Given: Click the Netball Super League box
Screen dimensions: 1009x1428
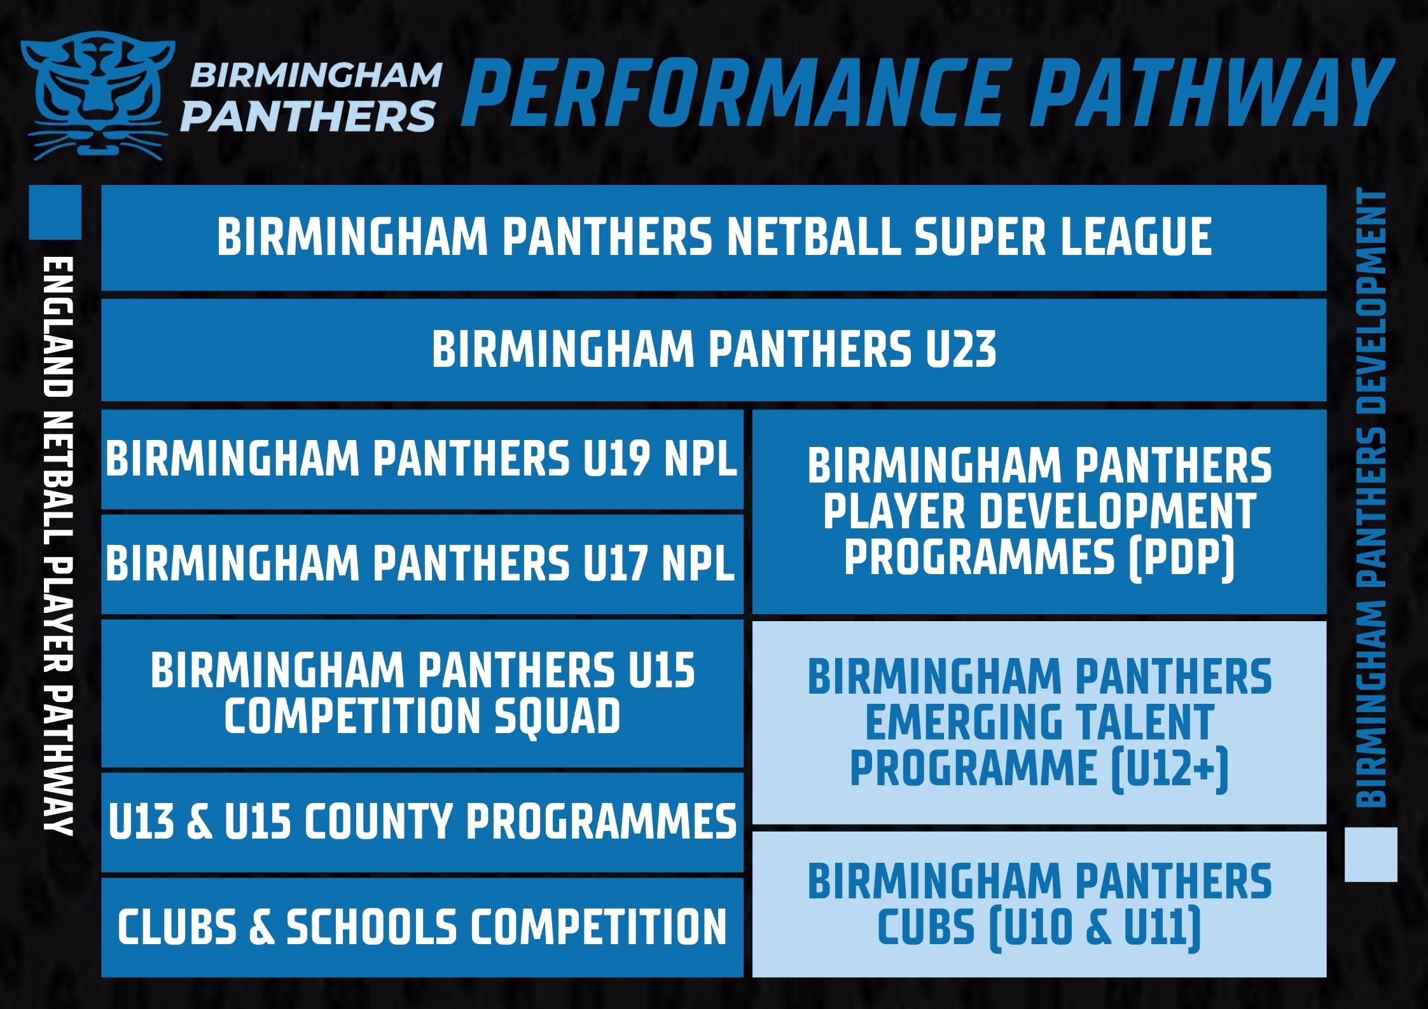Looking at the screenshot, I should pos(714,237).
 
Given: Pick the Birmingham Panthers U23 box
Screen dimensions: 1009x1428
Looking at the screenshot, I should pos(714,350).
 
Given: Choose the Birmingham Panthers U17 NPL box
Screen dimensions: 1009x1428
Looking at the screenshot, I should pos(422,564).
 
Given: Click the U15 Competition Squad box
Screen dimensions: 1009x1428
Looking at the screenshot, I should pos(422,693).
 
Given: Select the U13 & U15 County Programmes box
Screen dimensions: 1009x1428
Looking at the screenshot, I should pos(422,821).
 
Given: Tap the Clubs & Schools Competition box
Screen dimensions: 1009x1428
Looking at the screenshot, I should pos(422,926).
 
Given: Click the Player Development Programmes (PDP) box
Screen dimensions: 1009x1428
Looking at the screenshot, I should pos(1039,512).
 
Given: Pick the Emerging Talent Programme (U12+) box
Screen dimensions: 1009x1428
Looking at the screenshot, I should pos(1039,722).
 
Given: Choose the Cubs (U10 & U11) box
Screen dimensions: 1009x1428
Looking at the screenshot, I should pos(1039,903).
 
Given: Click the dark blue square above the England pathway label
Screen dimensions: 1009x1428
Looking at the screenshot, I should pos(55,212).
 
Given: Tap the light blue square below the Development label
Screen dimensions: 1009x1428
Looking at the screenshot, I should pos(1371,854).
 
